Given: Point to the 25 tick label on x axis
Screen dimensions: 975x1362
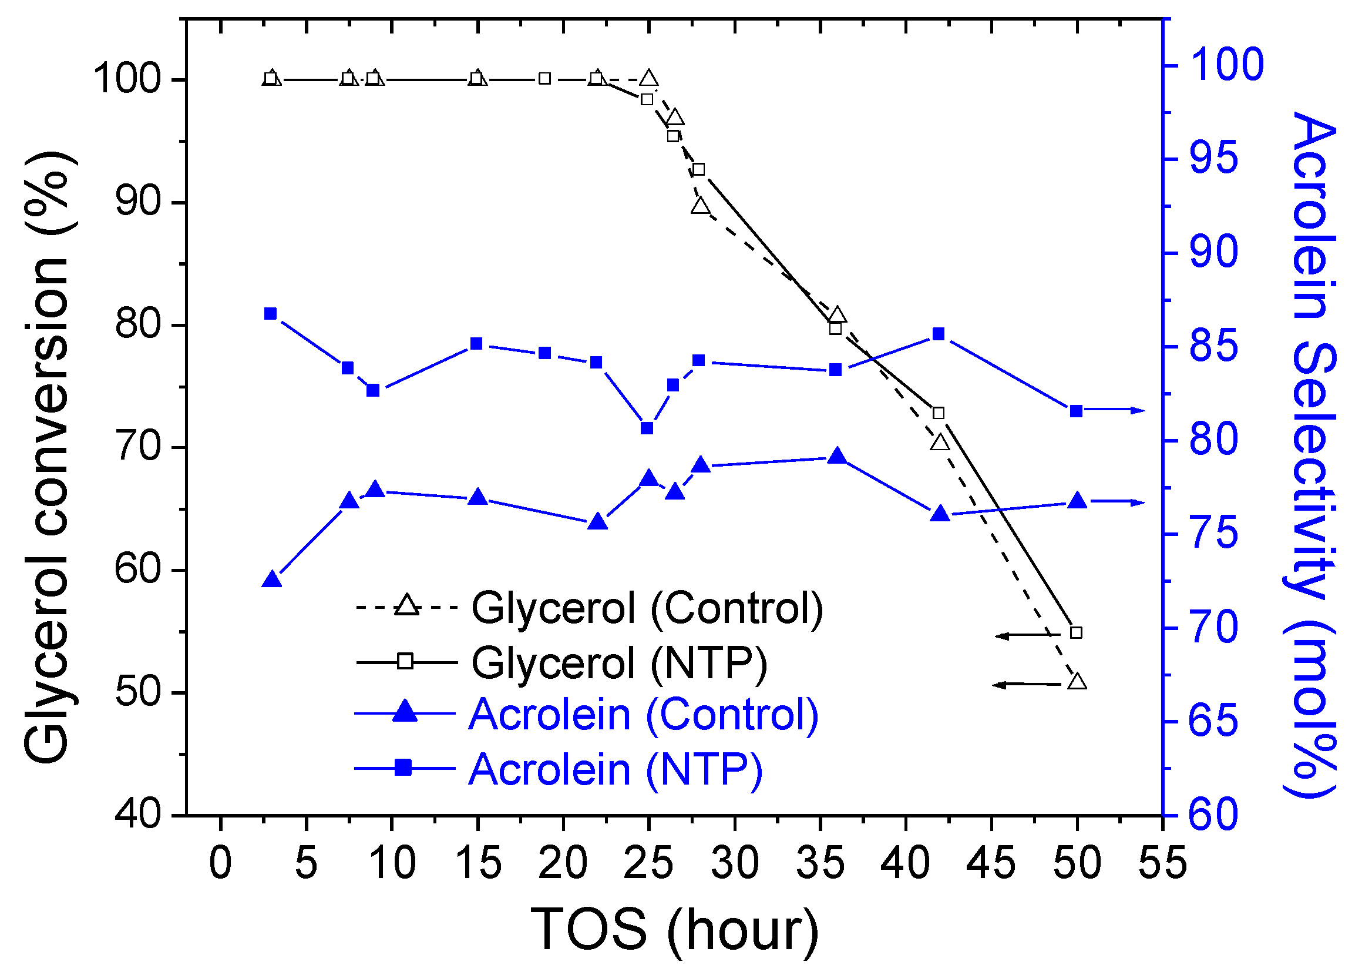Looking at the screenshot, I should click(x=648, y=863).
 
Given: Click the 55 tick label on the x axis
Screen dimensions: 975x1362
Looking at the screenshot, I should click(x=1162, y=863).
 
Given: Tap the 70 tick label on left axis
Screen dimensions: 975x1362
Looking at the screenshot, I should click(x=138, y=447).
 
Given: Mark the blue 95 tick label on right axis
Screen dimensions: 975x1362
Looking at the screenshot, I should click(x=1213, y=159).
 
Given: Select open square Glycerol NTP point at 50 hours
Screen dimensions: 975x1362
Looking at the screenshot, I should click(x=1077, y=633).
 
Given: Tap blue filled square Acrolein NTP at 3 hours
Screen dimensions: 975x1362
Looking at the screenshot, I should click(x=271, y=314).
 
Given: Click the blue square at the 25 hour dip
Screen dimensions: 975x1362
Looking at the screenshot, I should click(x=647, y=428).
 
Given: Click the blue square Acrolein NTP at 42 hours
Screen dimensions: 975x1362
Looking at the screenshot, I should click(x=939, y=334).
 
